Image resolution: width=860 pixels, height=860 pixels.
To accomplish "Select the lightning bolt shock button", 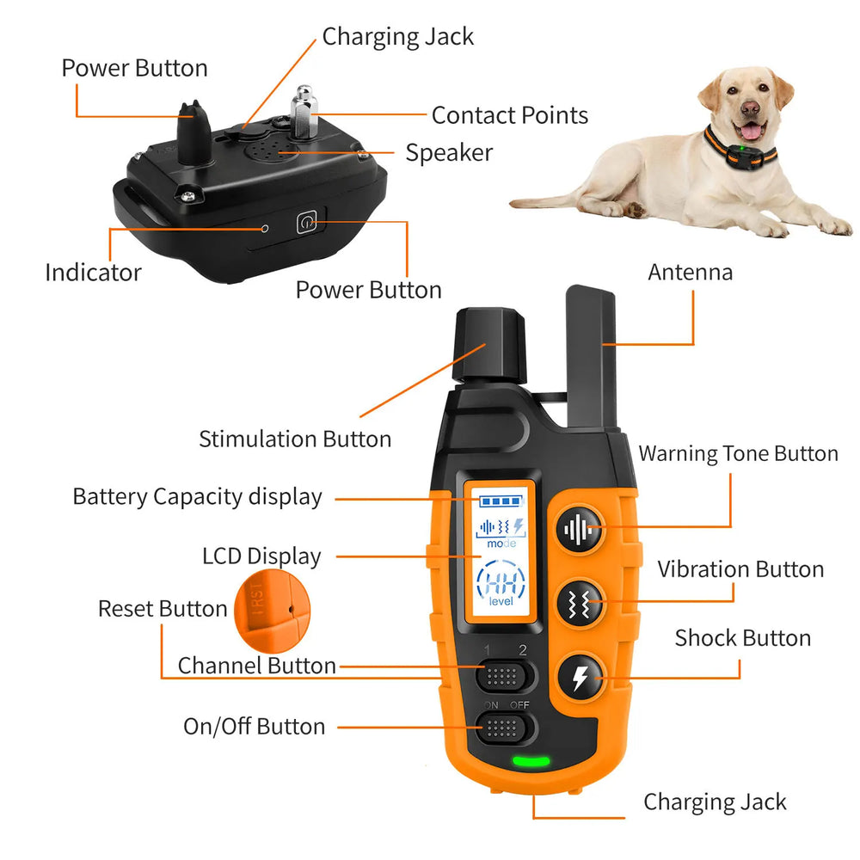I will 580,679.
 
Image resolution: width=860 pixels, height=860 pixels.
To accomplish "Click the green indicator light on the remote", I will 531,760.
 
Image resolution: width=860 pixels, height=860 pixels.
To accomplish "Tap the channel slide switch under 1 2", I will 506,676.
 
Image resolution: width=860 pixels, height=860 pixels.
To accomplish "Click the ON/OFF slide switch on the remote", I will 506,730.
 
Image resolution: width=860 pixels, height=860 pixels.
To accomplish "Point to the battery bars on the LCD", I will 501,500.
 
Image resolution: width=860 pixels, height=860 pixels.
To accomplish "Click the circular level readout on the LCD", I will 501,583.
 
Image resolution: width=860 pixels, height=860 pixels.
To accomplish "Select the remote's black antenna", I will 591,357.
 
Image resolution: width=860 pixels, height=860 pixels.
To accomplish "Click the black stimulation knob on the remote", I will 489,347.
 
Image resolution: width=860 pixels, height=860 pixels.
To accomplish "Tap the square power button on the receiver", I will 307,223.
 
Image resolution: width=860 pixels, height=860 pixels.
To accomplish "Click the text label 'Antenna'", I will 691,273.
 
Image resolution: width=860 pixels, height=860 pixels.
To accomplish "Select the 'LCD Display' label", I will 261,556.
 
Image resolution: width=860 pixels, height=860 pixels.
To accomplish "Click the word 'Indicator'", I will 93,273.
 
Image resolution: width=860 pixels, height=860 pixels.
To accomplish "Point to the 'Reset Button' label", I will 163,609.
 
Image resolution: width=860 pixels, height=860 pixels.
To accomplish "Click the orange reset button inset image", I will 271,613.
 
